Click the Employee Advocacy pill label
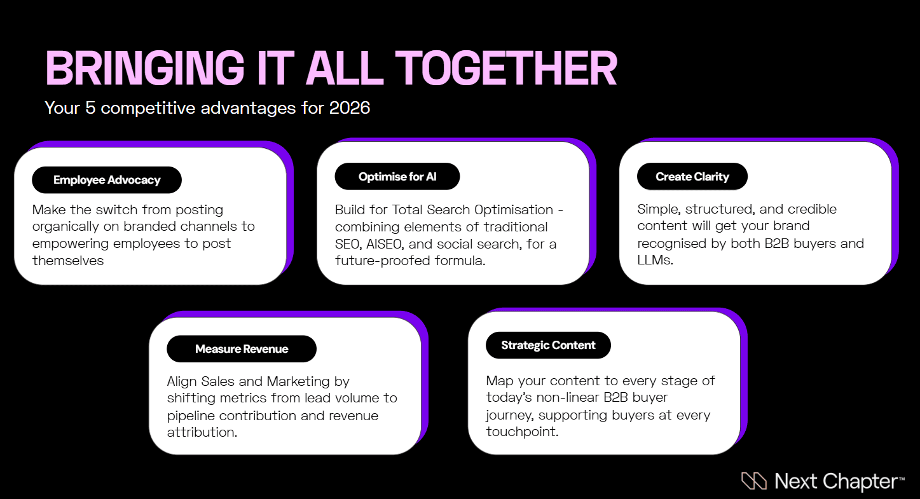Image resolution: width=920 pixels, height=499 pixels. click(x=107, y=180)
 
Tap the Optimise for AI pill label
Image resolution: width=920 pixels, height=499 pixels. click(x=397, y=177)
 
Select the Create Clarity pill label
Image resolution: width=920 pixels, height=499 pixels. click(x=692, y=177)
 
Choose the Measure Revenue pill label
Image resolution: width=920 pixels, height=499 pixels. click(x=242, y=349)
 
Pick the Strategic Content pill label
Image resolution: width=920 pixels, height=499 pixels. click(x=548, y=345)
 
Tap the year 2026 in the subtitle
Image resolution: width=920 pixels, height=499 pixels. click(x=350, y=107)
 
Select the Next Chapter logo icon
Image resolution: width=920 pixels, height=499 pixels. click(x=754, y=481)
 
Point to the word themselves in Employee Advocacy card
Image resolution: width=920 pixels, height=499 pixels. click(x=68, y=261)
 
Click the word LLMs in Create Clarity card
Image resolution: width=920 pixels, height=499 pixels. click(x=655, y=260)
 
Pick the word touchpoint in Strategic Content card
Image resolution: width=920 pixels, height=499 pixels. click(x=521, y=432)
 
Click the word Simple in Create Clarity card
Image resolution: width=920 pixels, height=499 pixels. click(x=658, y=209)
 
